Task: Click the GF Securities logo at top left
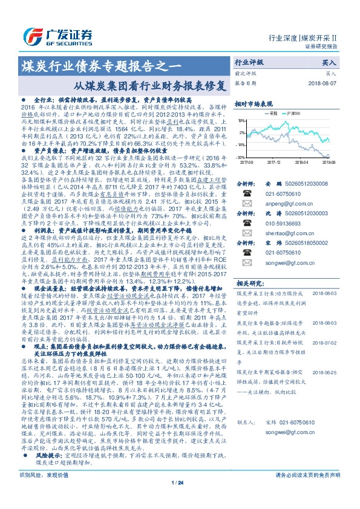point(51,34)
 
